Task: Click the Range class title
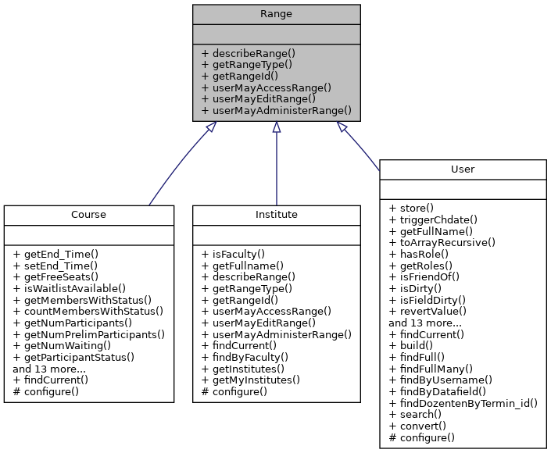pyautogui.click(x=276, y=13)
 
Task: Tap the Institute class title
pyautogui.click(x=276, y=214)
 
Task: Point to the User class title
pyautogui.click(x=462, y=169)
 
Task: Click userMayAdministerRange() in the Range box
pyautogui.click(x=277, y=111)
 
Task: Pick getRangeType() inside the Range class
pyautogui.click(x=247, y=65)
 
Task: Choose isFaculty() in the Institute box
pyautogui.click(x=231, y=254)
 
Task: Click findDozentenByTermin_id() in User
pyautogui.click(x=463, y=403)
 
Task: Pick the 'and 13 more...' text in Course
pyautogui.click(x=49, y=368)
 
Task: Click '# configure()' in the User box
pyautogui.click(x=421, y=437)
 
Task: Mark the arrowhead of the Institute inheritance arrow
pyautogui.click(x=276, y=127)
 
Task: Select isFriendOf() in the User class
pyautogui.click(x=424, y=276)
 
